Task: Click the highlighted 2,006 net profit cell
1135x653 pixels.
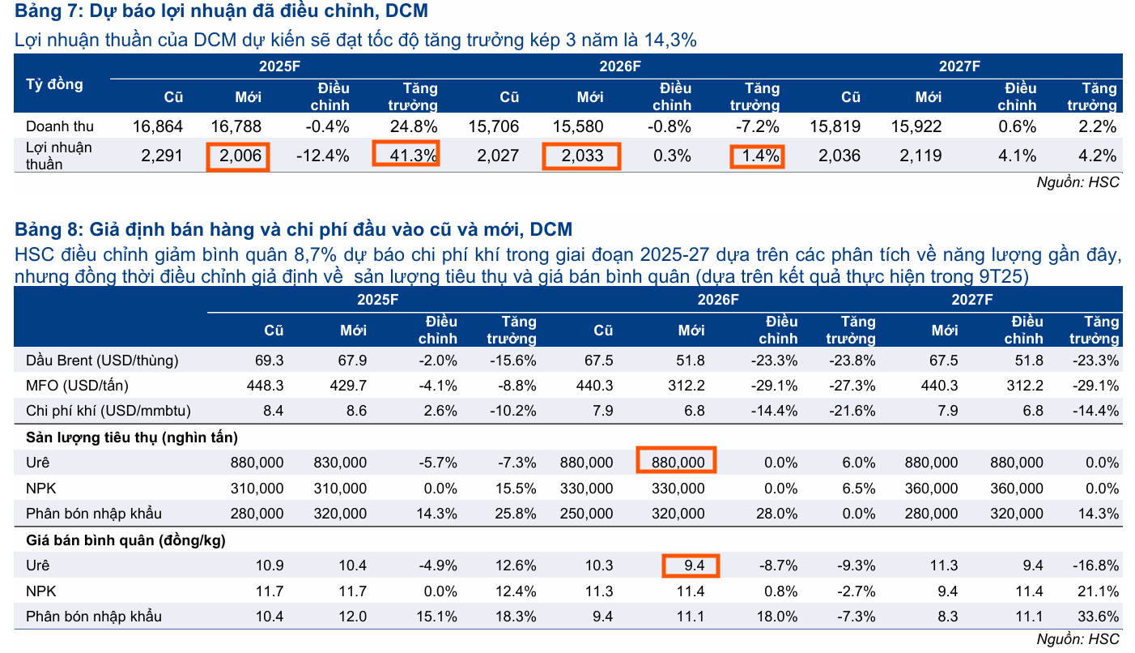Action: coord(237,156)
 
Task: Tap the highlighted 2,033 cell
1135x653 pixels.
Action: coord(580,156)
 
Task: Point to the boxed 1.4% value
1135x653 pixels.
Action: coord(757,156)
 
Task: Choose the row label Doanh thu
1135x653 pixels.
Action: coord(60,126)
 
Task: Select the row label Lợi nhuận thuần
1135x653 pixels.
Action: coord(58,156)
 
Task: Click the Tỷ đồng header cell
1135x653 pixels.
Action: coord(54,84)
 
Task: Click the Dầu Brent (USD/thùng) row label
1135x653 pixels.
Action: coord(102,360)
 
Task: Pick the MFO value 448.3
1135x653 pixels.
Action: coord(265,386)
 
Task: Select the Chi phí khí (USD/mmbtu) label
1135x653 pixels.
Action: coord(108,411)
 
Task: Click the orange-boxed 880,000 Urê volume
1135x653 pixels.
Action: coord(676,463)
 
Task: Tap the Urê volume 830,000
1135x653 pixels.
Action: coord(340,463)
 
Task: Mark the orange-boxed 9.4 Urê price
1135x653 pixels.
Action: coord(691,565)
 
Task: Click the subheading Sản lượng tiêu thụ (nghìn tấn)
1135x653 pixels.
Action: coord(132,437)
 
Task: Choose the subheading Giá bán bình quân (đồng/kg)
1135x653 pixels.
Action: coord(125,540)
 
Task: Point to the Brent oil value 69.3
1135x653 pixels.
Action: coord(269,360)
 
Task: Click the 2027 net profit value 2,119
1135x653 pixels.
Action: coord(920,156)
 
